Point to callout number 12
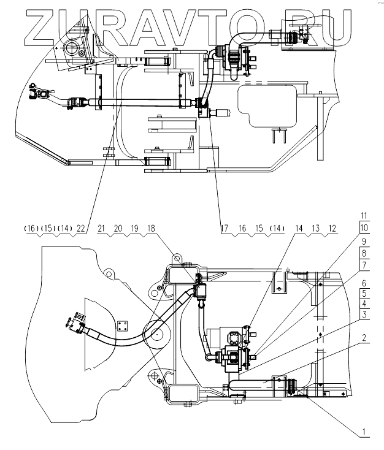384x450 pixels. [x=332, y=229]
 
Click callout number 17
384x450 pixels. [x=225, y=229]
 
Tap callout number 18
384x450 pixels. [x=151, y=229]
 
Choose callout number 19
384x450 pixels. [x=134, y=229]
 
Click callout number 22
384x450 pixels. [x=80, y=229]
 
